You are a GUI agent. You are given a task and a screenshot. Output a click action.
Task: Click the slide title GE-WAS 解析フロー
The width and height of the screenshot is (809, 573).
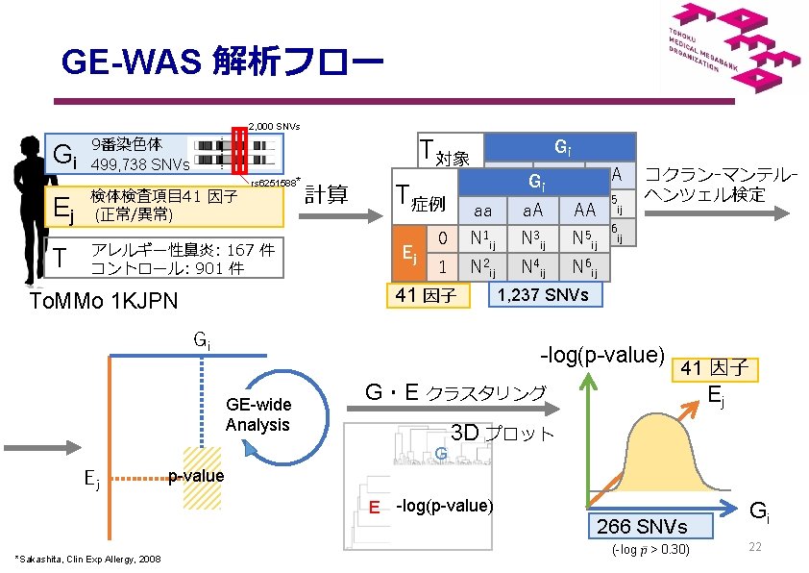tap(222, 63)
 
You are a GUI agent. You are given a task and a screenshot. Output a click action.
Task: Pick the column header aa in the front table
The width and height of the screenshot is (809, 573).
tap(483, 210)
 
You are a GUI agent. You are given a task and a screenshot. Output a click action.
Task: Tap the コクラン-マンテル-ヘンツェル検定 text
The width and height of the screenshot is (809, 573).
tap(721, 185)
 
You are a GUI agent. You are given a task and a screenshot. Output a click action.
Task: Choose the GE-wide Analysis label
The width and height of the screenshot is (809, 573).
tap(257, 415)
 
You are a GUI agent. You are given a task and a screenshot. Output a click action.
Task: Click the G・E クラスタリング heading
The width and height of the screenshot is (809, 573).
tap(454, 392)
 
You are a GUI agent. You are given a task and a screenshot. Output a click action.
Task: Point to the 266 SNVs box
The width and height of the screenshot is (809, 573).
tap(650, 526)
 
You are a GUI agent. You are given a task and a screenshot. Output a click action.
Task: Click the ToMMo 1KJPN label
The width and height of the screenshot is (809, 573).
tap(103, 302)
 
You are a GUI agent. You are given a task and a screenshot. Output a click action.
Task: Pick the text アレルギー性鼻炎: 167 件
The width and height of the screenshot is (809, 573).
tap(182, 250)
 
